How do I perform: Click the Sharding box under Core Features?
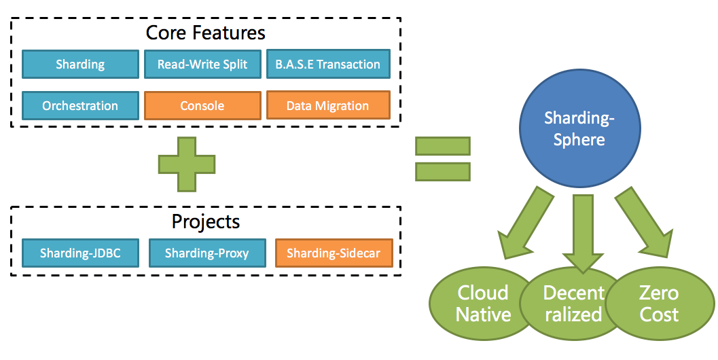coord(80,64)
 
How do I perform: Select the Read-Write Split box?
coord(202,64)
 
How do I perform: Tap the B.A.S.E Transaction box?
coord(328,64)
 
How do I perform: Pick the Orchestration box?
coord(80,106)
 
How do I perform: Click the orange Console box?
coord(202,106)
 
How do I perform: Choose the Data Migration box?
coord(328,105)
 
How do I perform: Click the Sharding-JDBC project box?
coord(80,253)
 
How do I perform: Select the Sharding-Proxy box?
coord(207,253)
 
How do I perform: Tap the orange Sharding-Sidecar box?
coord(334,253)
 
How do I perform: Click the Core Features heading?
coord(206,33)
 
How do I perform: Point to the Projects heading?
coord(206,221)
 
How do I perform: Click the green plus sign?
coord(187,164)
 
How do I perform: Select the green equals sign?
coord(443,159)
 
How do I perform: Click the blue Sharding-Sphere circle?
coord(579,128)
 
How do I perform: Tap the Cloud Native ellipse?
coord(483,303)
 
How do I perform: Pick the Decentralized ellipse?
coord(573,303)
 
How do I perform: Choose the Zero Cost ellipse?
coord(660,303)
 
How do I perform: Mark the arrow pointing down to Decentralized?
coord(583,234)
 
